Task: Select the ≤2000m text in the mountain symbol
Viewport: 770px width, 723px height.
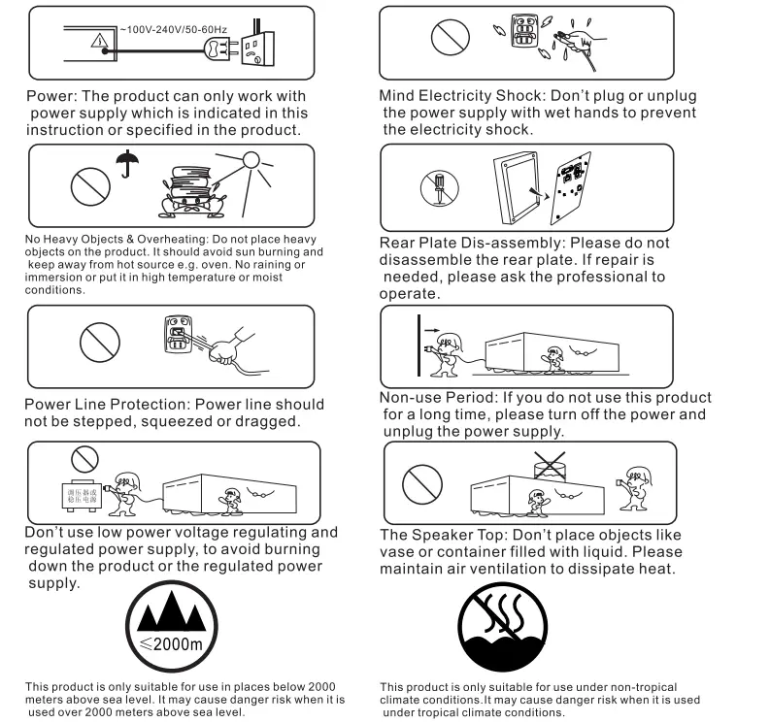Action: coord(171,645)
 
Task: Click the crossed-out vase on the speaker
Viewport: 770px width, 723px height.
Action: coord(552,466)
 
